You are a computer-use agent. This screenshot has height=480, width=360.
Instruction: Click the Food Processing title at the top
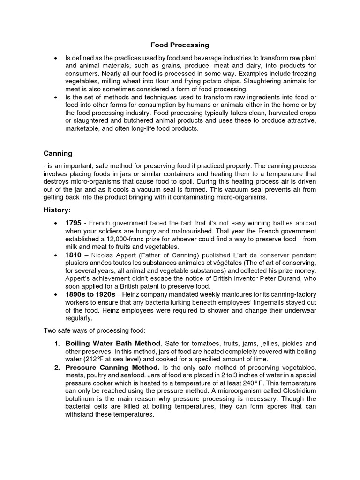tap(180, 45)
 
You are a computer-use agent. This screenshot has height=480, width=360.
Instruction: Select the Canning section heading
tap(59, 153)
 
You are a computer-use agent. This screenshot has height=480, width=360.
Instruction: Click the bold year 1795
tap(75, 223)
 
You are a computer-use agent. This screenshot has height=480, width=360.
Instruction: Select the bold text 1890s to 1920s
tap(90, 294)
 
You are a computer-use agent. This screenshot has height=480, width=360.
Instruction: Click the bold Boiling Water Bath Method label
tap(114, 343)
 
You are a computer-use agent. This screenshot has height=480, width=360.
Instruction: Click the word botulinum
tap(81, 399)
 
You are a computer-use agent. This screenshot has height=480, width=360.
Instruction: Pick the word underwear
tap(300, 310)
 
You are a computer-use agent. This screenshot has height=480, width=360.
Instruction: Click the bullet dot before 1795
tap(56, 223)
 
